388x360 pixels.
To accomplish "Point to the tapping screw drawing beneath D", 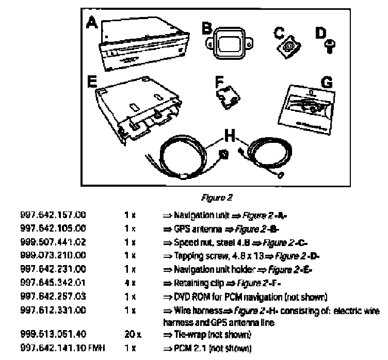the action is (x=328, y=47).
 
